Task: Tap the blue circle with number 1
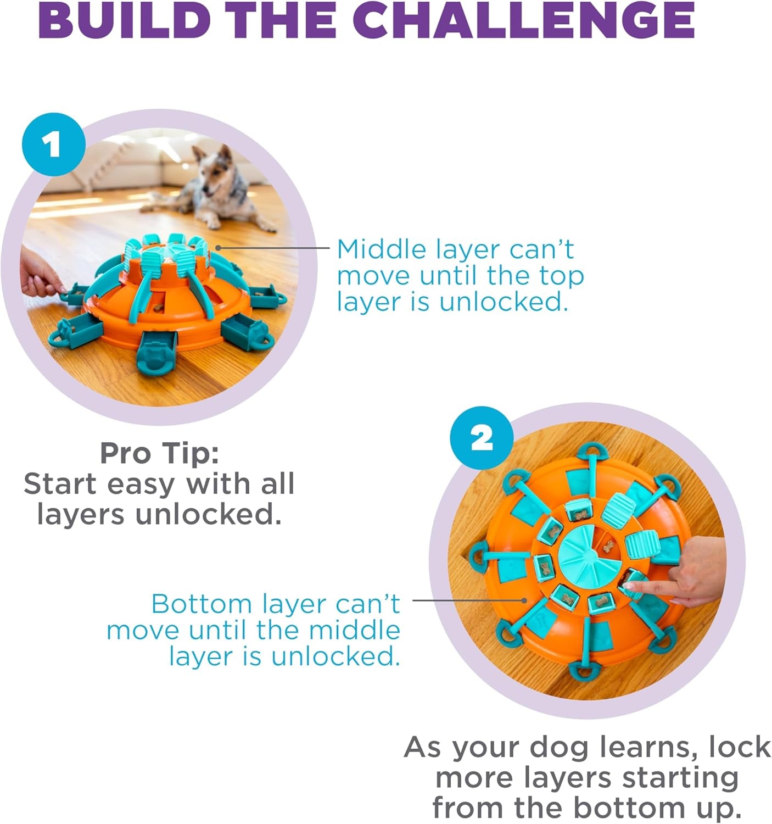coord(53,144)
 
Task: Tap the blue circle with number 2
coord(482,438)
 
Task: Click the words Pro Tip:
coord(159,453)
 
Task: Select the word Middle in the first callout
coord(381,249)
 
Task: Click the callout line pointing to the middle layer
coord(275,248)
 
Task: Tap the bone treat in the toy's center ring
coord(607,547)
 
